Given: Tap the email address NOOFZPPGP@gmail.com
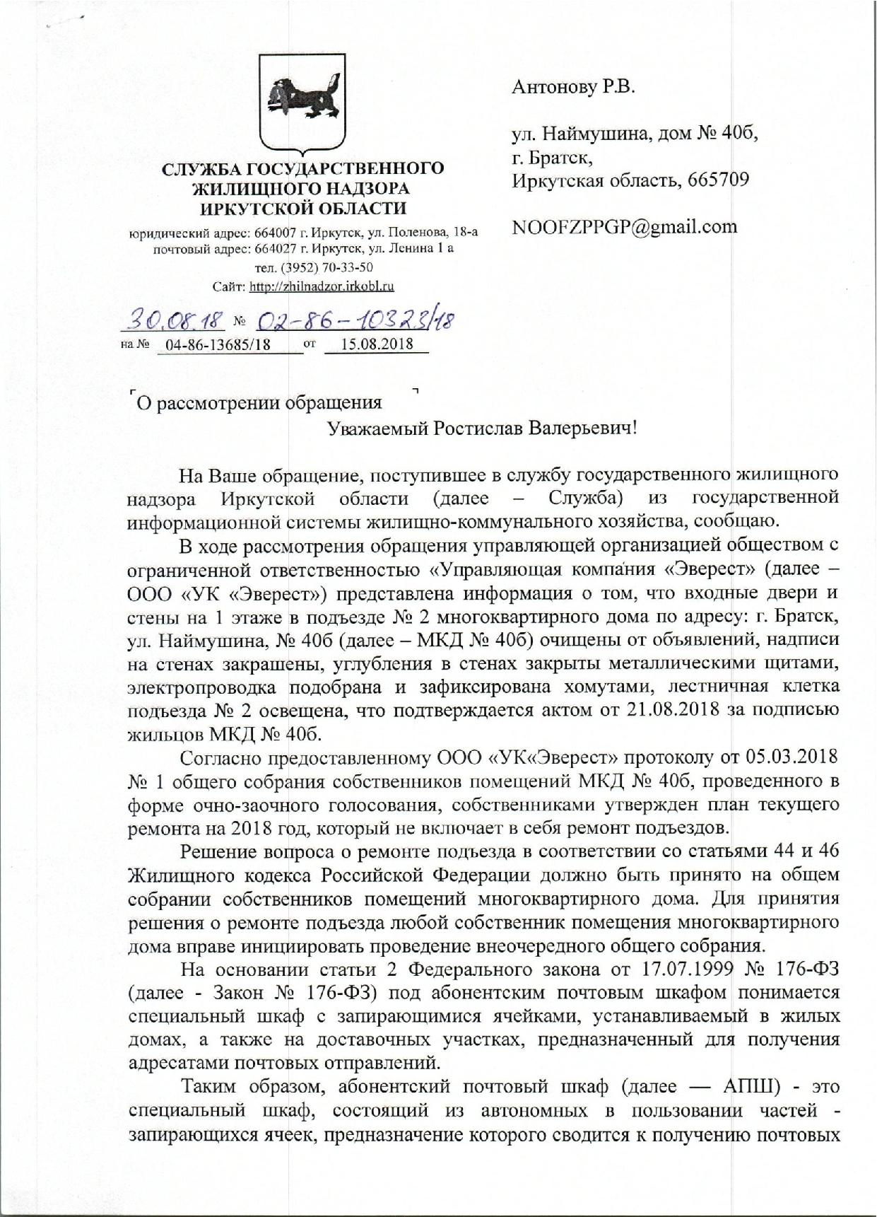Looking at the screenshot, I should [624, 227].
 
